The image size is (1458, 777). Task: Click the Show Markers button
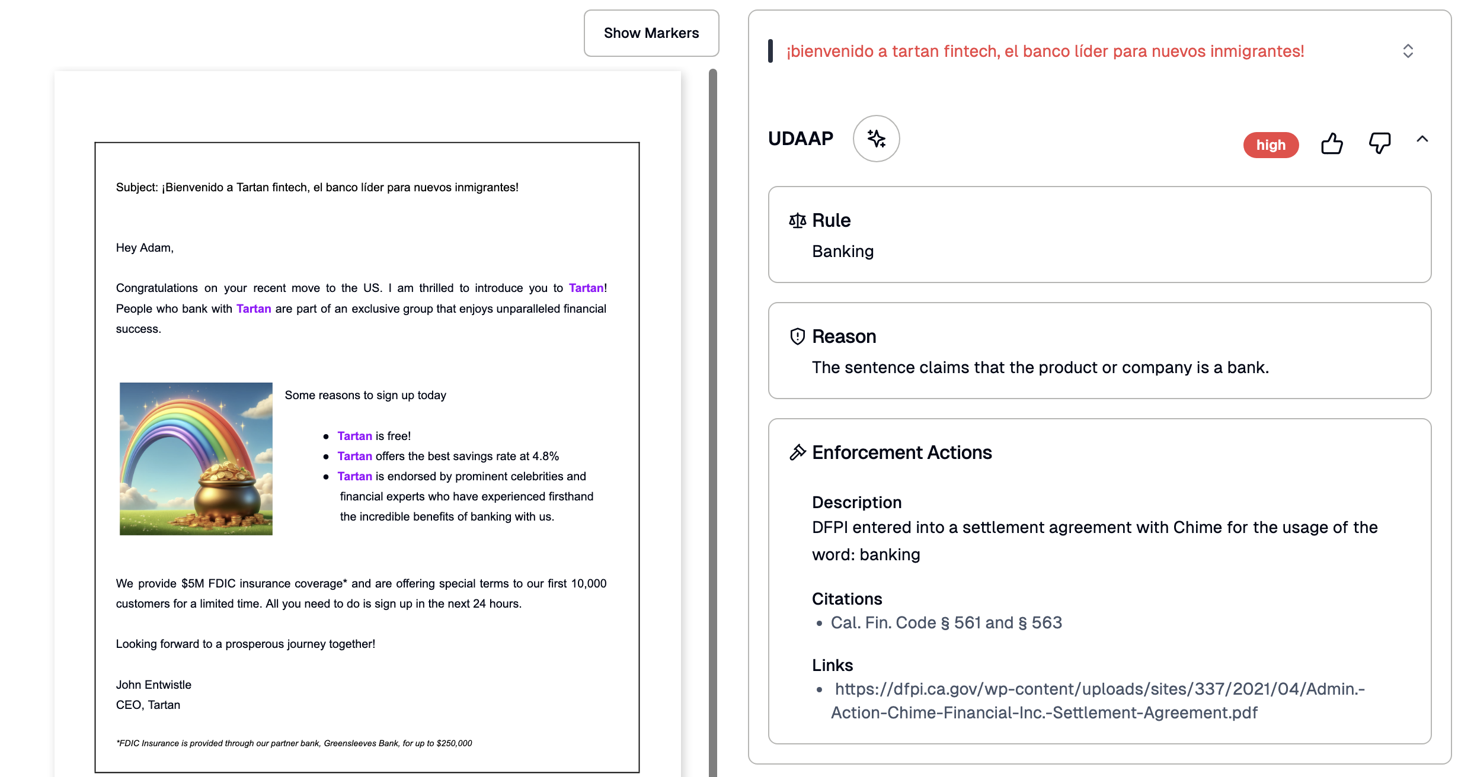pyautogui.click(x=651, y=33)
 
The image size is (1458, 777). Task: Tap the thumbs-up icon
pyautogui.click(x=1332, y=144)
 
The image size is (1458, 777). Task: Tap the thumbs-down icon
pyautogui.click(x=1379, y=144)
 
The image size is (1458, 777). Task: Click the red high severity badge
pyautogui.click(x=1271, y=145)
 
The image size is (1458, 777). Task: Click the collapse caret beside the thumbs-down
pyautogui.click(x=1422, y=139)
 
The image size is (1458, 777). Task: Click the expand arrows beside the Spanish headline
pyautogui.click(x=1408, y=51)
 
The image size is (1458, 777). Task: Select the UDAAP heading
pyautogui.click(x=800, y=139)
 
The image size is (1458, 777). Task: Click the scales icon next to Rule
pyautogui.click(x=797, y=221)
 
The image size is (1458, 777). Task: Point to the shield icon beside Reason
pyautogui.click(x=797, y=336)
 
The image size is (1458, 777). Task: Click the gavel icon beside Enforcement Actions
pyautogui.click(x=797, y=452)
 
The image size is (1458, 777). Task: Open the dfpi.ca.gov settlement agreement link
pyautogui.click(x=1099, y=701)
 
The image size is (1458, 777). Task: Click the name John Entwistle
pyautogui.click(x=154, y=685)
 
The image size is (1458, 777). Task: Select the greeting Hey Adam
pyautogui.click(x=145, y=248)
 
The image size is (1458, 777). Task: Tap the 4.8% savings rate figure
pyautogui.click(x=545, y=456)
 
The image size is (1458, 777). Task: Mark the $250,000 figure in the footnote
pyautogui.click(x=454, y=743)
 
